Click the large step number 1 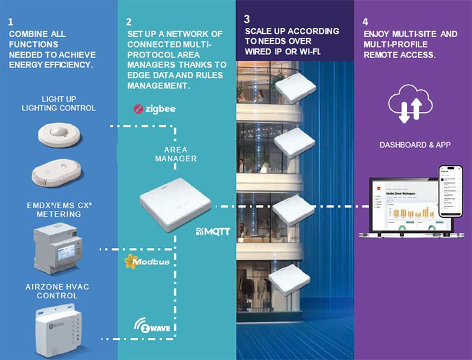(x=11, y=22)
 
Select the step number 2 (x=129, y=20)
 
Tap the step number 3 (x=247, y=20)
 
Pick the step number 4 (x=366, y=20)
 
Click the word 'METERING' (x=58, y=214)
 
